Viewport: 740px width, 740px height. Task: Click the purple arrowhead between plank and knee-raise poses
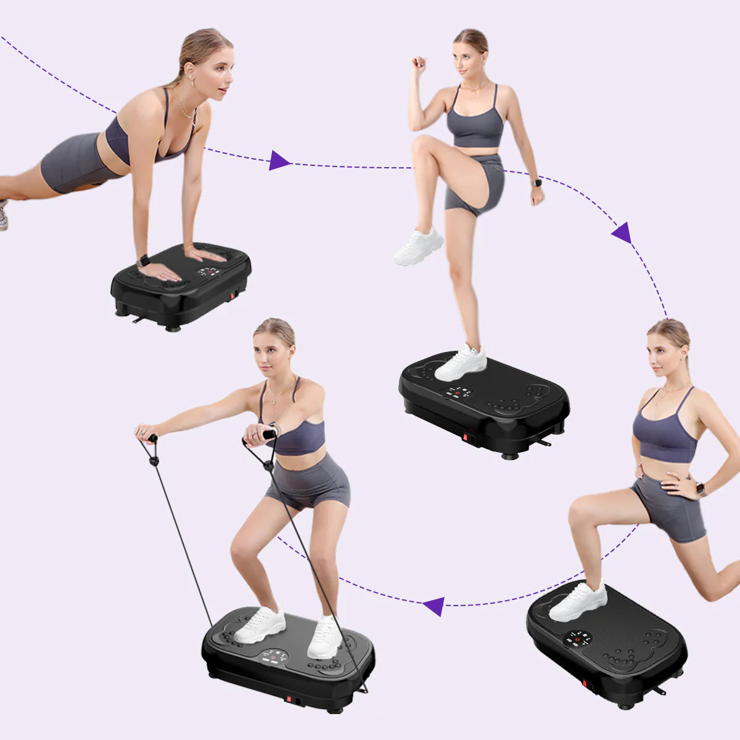pos(279,160)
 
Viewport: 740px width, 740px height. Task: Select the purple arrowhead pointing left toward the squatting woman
pos(435,606)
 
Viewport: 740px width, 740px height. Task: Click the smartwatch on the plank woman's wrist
pos(144,261)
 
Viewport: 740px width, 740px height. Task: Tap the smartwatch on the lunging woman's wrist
pos(701,490)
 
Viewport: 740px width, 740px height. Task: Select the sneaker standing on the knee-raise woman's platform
pos(461,363)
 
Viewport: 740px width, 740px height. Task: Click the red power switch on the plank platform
pos(233,295)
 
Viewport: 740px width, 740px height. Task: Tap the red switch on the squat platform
pos(287,699)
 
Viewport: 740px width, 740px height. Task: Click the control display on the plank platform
pos(209,271)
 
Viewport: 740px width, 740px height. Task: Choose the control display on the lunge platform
pos(578,639)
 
